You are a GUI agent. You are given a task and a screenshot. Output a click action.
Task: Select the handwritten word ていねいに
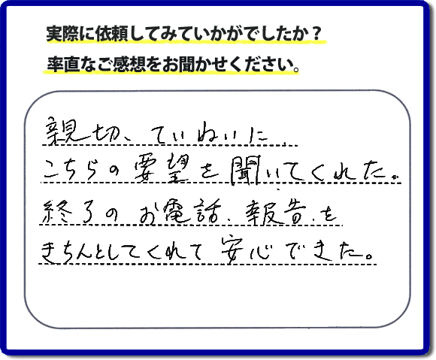(x=210, y=134)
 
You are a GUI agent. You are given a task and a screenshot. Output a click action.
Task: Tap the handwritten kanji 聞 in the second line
(x=244, y=171)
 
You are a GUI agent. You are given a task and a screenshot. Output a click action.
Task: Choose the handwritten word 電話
(x=192, y=211)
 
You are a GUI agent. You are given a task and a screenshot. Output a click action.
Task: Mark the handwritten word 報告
(x=275, y=211)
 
